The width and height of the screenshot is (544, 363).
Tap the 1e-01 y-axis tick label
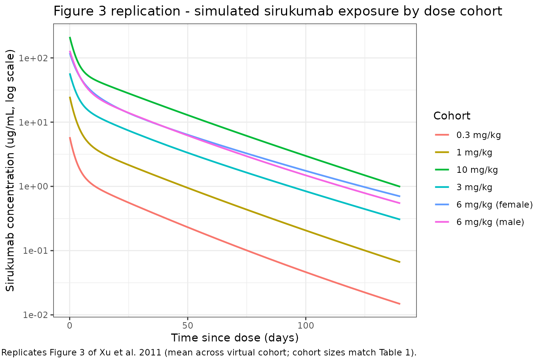click(36, 251)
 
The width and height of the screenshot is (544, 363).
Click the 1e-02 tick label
click(36, 315)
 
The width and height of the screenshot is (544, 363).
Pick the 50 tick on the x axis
click(187, 325)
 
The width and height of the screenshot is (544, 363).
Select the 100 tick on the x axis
click(305, 325)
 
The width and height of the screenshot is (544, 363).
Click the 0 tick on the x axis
click(70, 325)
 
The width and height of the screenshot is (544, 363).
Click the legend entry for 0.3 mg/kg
click(478, 135)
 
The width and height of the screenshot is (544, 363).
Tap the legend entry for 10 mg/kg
click(477, 170)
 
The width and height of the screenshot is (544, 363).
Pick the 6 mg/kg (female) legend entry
click(494, 205)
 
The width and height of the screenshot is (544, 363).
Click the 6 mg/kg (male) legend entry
click(490, 222)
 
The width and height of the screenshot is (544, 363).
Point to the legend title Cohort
click(452, 116)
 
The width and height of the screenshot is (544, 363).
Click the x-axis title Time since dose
click(235, 338)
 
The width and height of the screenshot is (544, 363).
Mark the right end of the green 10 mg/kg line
click(400, 186)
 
